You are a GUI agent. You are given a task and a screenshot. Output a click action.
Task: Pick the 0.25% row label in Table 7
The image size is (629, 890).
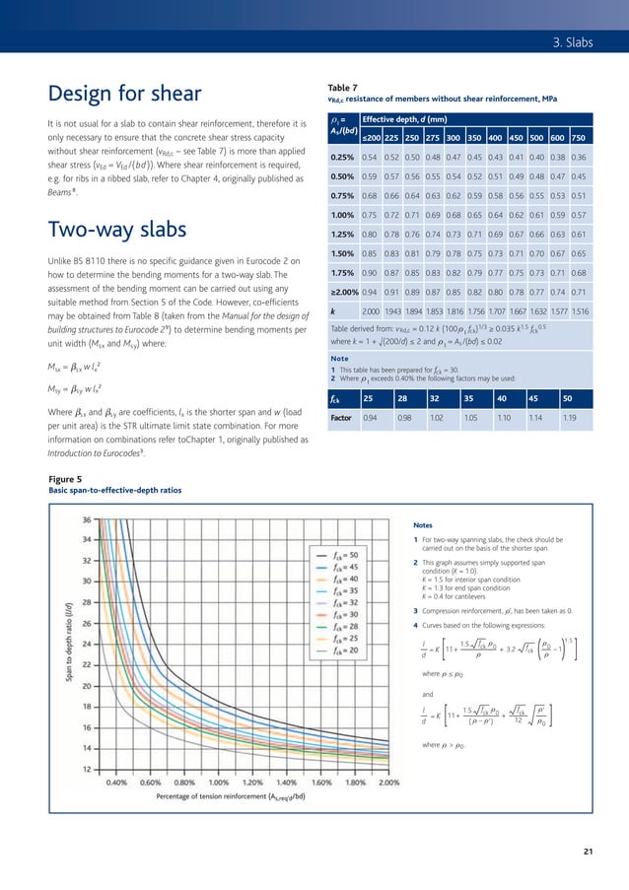point(342,158)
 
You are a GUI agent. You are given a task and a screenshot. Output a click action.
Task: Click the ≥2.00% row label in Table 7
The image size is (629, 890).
point(342,293)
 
